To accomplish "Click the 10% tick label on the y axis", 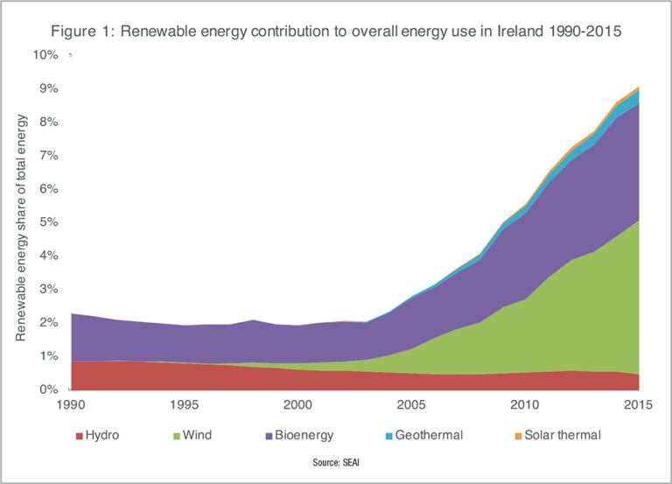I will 45,54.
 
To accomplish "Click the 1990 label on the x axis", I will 71,404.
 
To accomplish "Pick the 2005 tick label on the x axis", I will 411,404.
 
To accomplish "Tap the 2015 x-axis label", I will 638,404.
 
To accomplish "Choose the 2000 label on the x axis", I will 297,404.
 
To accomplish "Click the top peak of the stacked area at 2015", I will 638,88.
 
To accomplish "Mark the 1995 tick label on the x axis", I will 185,404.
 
